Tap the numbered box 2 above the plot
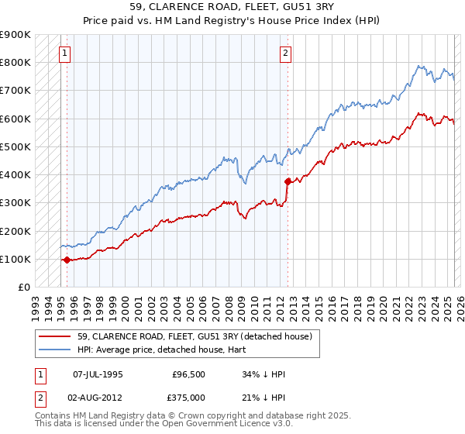pyautogui.click(x=285, y=53)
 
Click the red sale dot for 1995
pyautogui.click(x=67, y=260)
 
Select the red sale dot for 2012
pyautogui.click(x=288, y=182)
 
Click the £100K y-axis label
pyautogui.click(x=17, y=259)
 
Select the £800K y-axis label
pyautogui.click(x=17, y=62)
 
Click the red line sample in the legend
pyautogui.click(x=56, y=336)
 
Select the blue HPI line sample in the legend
pyautogui.click(x=56, y=350)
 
